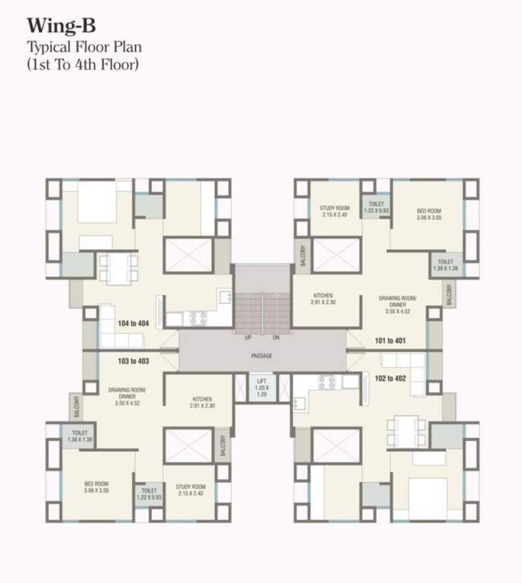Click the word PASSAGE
coord(261,356)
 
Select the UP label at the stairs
coord(248,336)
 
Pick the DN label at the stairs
coord(276,336)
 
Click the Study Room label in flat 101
coord(334,211)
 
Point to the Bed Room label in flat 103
coord(96,487)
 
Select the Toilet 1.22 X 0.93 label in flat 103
coord(147,493)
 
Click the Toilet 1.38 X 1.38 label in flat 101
coord(448,265)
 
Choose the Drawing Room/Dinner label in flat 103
coord(122,399)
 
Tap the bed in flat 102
coord(426,493)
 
